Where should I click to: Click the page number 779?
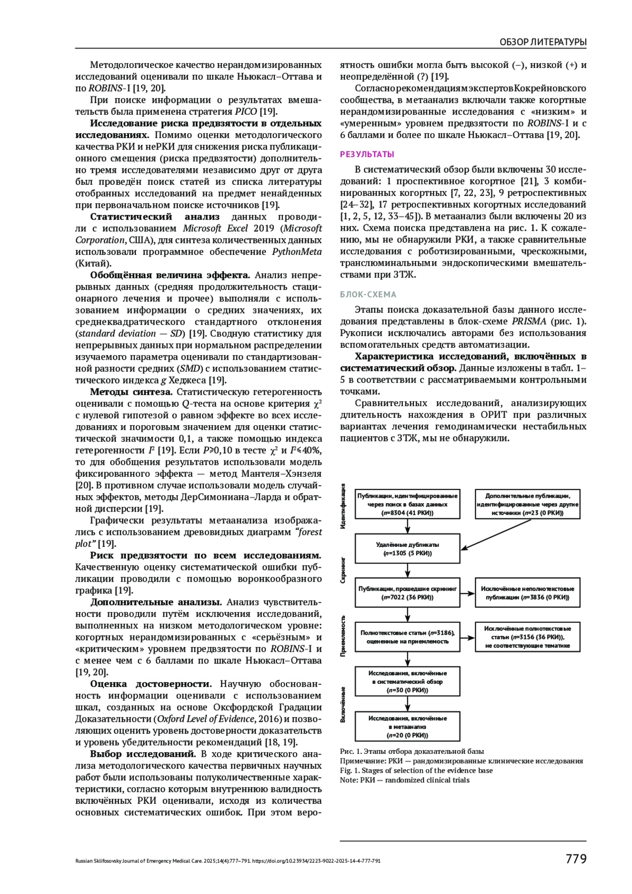pos(576,859)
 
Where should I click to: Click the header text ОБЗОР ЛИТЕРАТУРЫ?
pos(542,42)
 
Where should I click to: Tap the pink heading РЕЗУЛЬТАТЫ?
pos(367,154)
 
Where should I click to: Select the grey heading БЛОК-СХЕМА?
pos(368,294)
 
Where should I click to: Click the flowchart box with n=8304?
pos(408,504)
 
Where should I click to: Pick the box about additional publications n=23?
pos(528,504)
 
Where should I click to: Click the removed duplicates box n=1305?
pos(408,549)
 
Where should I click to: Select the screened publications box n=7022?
pos(408,593)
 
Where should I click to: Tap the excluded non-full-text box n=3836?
pos(528,593)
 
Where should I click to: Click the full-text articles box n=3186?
pos(408,637)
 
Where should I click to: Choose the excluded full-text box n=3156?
pos(528,637)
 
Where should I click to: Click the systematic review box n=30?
pos(408,681)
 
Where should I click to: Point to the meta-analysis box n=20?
pos(408,726)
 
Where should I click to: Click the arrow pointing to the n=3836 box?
pos(468,593)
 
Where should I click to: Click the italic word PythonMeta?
pos(297,252)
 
